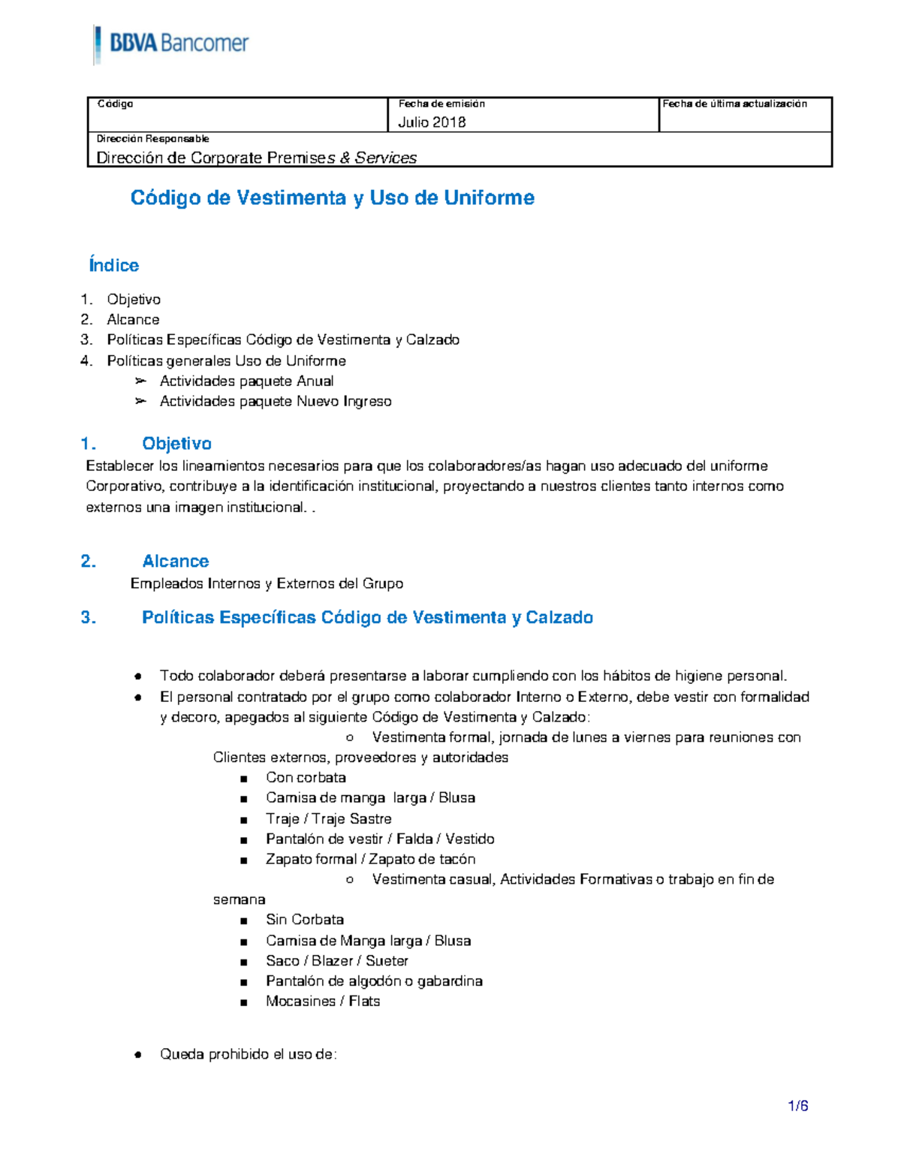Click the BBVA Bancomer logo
(x=172, y=44)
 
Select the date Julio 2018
(x=432, y=122)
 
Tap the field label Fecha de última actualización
(x=734, y=104)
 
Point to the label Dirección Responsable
(x=152, y=139)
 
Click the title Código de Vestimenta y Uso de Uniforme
(x=332, y=197)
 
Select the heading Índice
(x=113, y=265)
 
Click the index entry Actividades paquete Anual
(x=246, y=381)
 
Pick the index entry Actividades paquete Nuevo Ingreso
(x=276, y=401)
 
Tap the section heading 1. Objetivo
(x=176, y=444)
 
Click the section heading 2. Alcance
(x=175, y=561)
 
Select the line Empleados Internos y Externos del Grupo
(x=267, y=583)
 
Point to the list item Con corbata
(x=306, y=777)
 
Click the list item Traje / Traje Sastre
(x=328, y=818)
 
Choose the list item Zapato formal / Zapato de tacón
(x=370, y=859)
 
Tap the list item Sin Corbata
(x=305, y=919)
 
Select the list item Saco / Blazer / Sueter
(x=337, y=960)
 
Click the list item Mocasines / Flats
(x=323, y=1001)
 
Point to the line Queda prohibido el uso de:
(x=248, y=1054)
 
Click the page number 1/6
(x=797, y=1106)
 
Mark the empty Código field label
(x=115, y=104)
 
